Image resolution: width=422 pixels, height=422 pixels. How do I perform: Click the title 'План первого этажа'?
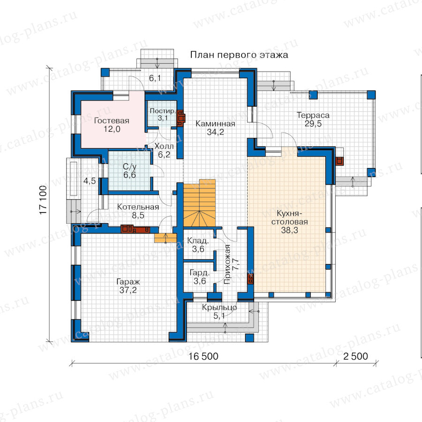[x=239, y=55]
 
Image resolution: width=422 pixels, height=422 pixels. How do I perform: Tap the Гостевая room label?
[x=112, y=121]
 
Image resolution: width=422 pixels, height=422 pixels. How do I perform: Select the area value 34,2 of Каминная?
[x=215, y=132]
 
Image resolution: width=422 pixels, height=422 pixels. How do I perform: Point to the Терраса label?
[x=313, y=115]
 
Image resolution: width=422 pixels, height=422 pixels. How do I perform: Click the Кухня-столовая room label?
[x=290, y=218]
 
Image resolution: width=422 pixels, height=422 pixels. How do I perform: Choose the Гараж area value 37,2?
[x=128, y=290]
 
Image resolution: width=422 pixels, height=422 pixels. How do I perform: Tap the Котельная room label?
[x=138, y=207]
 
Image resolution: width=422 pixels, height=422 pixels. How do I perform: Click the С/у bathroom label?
[x=130, y=167]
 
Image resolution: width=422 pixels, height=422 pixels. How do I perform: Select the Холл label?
[x=164, y=146]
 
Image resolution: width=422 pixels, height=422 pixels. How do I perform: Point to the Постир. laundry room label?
[x=163, y=111]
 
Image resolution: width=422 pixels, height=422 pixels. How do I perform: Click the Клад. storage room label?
[x=198, y=241]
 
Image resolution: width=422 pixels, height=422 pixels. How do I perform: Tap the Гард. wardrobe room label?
[x=199, y=272]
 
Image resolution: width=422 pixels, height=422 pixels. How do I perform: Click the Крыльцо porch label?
[x=219, y=307]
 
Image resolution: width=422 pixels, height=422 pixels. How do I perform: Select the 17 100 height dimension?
[x=43, y=200]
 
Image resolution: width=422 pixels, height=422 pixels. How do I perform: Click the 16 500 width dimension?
[x=203, y=356]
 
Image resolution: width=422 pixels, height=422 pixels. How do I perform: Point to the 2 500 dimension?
[x=355, y=356]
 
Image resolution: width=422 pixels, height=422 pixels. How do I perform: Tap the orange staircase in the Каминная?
[x=199, y=203]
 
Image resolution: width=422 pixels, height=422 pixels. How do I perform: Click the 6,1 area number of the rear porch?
[x=155, y=78]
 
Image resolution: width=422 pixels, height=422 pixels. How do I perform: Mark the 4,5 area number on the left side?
[x=90, y=181]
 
